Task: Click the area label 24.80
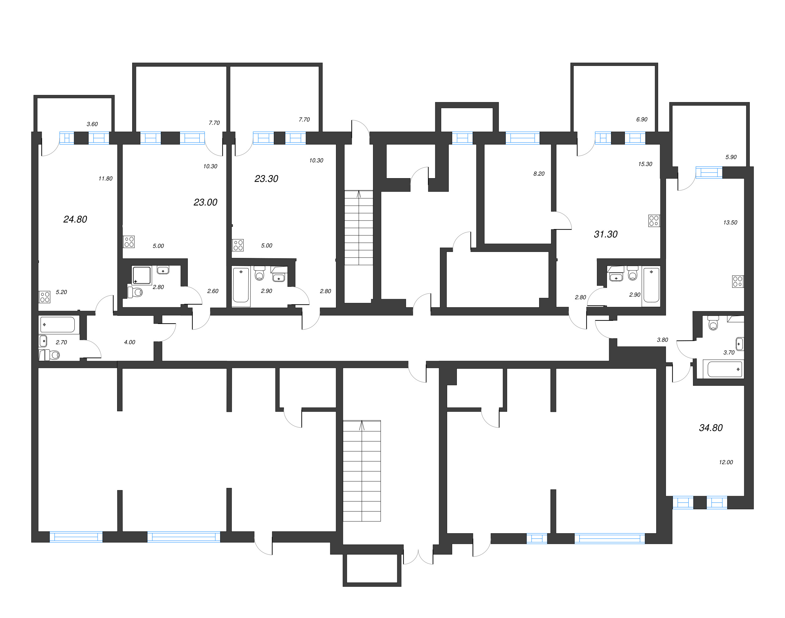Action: tap(75, 219)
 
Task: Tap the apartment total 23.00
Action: tap(205, 202)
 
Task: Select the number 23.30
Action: tap(266, 179)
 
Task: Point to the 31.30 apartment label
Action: tap(606, 234)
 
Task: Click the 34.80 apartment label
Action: tap(711, 428)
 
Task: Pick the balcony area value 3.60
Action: tap(92, 124)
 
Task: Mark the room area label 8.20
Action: tap(539, 174)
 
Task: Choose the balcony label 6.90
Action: tap(642, 119)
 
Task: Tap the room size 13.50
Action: tap(730, 222)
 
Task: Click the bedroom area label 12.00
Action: tap(726, 462)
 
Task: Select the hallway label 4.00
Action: tap(129, 342)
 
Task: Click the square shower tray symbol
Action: tap(141, 275)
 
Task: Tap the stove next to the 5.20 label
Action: tap(45, 297)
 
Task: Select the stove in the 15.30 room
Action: tap(654, 221)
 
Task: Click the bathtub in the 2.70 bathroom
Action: tap(58, 325)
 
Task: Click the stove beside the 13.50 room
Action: tap(738, 281)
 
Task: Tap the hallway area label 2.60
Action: tap(213, 291)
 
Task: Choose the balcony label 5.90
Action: tap(731, 157)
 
